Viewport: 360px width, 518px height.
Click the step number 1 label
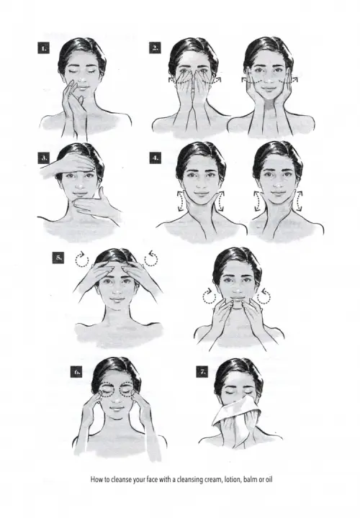[x=44, y=48]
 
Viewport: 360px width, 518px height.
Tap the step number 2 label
[x=155, y=48]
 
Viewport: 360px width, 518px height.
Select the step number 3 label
[x=44, y=158]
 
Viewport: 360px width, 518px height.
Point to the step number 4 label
[x=156, y=158]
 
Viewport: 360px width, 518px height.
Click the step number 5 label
[x=58, y=258]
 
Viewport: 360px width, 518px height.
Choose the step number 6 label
[x=77, y=372]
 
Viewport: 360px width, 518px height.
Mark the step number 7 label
[x=202, y=372]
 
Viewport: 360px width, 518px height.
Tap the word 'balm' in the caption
[x=250, y=479]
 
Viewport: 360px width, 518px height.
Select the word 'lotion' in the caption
[x=233, y=479]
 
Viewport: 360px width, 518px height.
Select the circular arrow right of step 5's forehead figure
[x=151, y=259]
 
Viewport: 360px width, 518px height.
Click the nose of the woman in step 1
[x=81, y=79]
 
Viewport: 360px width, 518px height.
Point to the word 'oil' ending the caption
[x=269, y=479]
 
